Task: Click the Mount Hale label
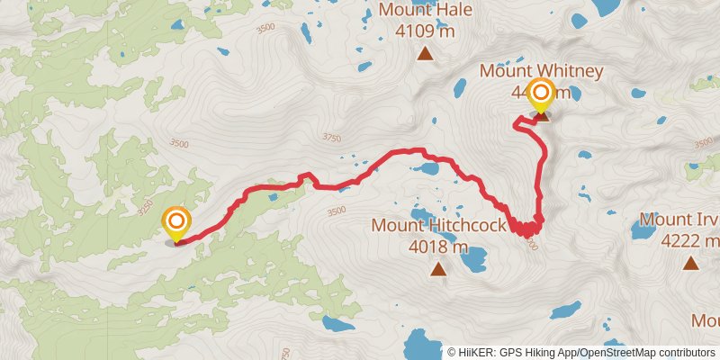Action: click(x=425, y=11)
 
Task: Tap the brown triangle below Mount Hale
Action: click(x=425, y=54)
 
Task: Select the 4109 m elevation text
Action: click(x=425, y=31)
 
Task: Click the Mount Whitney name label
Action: click(x=527, y=70)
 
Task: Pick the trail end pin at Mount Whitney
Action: click(x=541, y=94)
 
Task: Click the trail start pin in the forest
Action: click(x=176, y=221)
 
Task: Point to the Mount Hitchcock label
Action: click(x=438, y=225)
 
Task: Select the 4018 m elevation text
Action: click(x=438, y=246)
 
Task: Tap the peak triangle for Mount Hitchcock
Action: click(x=438, y=268)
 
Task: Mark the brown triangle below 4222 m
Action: click(x=690, y=263)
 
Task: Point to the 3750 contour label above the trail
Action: click(x=331, y=138)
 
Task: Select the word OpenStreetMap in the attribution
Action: click(x=612, y=352)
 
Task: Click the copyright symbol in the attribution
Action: click(x=451, y=352)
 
